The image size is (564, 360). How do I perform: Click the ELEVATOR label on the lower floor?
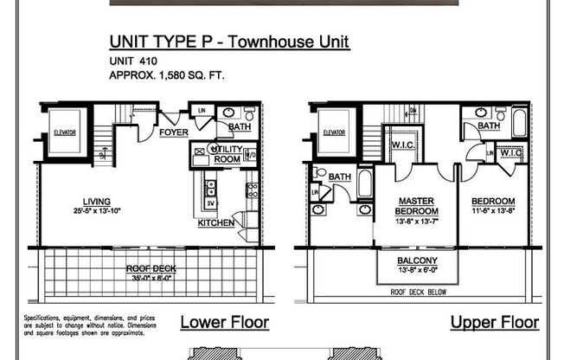tap(66, 132)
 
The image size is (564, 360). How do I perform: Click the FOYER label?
tap(174, 132)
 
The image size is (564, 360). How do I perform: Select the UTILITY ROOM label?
tap(227, 154)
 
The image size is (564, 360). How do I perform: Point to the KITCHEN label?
tap(215, 222)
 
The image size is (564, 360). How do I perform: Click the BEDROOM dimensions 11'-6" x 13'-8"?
tap(493, 210)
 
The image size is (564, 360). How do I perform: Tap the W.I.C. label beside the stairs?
tap(402, 145)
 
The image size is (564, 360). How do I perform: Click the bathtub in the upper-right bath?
tap(519, 121)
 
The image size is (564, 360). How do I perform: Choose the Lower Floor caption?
tap(224, 323)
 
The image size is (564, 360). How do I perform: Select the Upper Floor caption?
tap(495, 323)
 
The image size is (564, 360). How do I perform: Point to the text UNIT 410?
tap(133, 61)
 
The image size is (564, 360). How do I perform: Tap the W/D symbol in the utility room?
tap(250, 156)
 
